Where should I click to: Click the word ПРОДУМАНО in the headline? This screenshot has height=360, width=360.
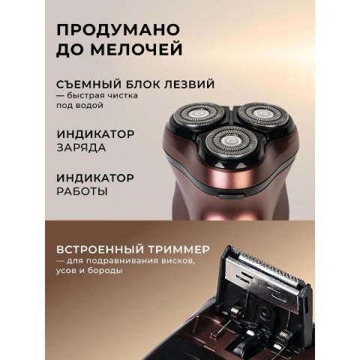[118, 30]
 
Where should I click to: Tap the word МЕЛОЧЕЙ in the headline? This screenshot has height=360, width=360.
[136, 49]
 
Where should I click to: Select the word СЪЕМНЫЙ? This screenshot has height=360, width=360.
[88, 84]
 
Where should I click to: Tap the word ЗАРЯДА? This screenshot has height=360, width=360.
[81, 147]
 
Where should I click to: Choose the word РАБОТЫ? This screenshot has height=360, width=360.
[82, 191]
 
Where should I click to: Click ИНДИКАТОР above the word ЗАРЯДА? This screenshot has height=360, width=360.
[95, 134]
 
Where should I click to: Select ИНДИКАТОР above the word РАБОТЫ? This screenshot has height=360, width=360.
[95, 178]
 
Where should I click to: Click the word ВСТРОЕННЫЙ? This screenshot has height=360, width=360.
[100, 250]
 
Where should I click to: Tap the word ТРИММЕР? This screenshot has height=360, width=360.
[179, 250]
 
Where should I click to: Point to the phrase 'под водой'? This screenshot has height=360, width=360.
[79, 105]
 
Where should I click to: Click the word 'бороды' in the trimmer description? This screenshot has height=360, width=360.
[105, 271]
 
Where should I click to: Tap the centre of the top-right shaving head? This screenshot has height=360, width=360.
[262, 114]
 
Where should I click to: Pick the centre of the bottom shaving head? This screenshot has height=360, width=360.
[231, 142]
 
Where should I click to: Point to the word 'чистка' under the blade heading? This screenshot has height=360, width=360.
[124, 95]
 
